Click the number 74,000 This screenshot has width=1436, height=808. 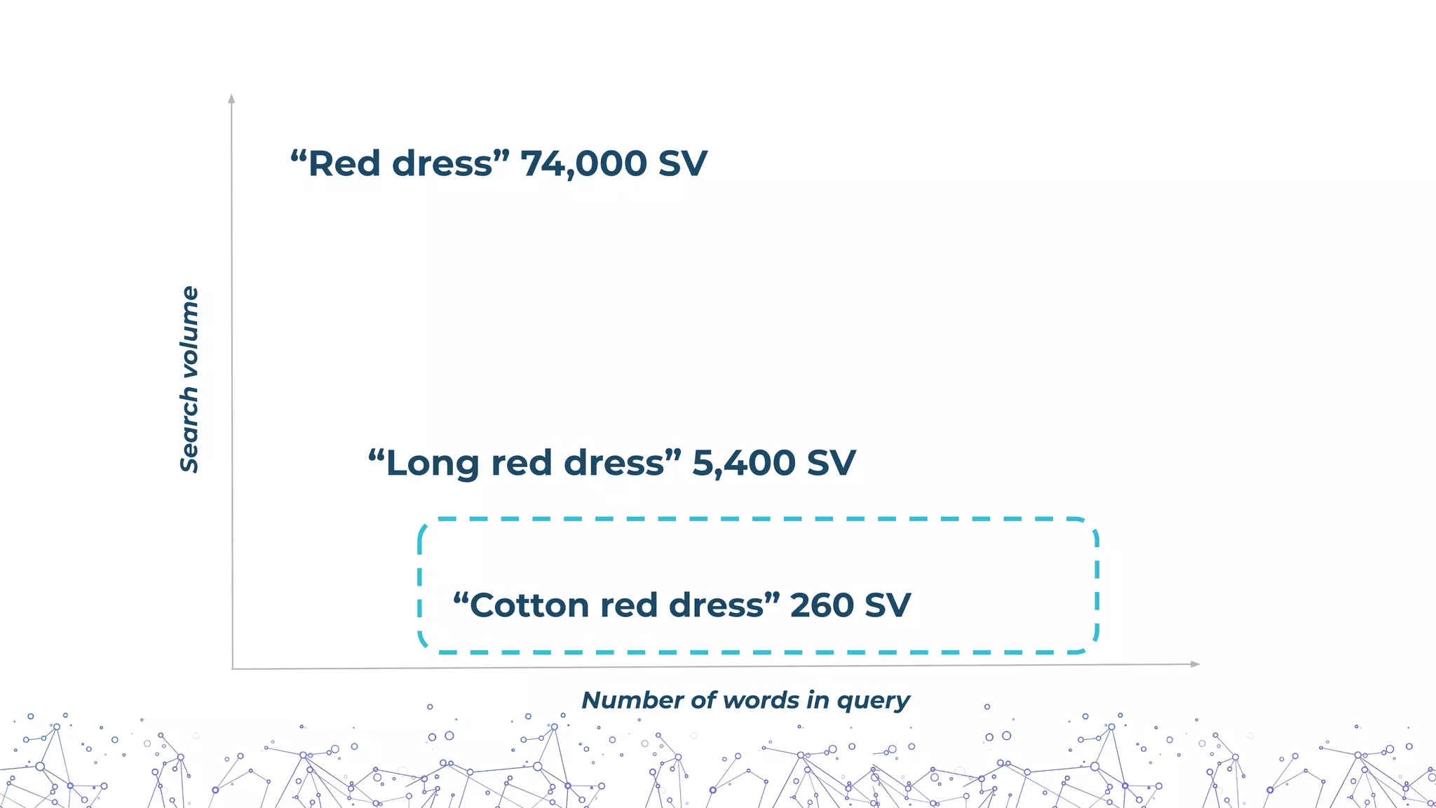pyautogui.click(x=583, y=164)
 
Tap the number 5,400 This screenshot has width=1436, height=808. pyautogui.click(x=744, y=464)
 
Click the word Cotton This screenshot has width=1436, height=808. pyautogui.click(x=529, y=605)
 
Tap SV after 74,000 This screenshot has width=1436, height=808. pyautogui.click(x=682, y=164)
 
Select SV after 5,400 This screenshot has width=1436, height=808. pyautogui.click(x=831, y=464)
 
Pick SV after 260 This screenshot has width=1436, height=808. pyautogui.click(x=888, y=605)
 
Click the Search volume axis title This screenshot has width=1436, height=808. pyautogui.click(x=189, y=379)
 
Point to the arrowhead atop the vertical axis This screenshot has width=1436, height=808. pyautogui.click(x=231, y=98)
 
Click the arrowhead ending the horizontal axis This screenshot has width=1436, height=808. pyautogui.click(x=1195, y=664)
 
